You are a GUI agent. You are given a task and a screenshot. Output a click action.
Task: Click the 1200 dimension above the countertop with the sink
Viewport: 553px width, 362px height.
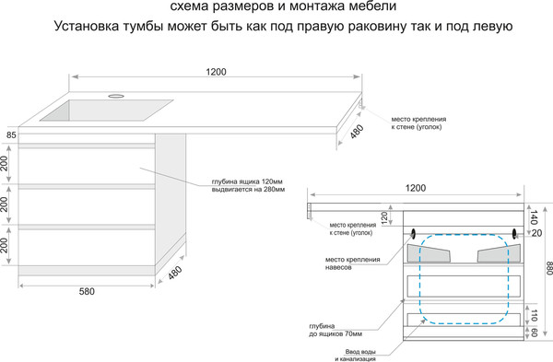point(217,71)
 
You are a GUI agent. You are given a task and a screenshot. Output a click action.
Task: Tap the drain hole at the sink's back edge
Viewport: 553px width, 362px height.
point(118,95)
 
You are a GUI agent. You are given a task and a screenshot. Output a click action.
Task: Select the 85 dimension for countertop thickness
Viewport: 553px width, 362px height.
point(10,135)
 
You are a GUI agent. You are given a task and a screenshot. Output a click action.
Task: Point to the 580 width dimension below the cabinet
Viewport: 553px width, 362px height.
point(87,292)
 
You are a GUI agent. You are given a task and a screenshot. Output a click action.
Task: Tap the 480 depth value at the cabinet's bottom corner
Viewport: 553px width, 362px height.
point(174,274)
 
